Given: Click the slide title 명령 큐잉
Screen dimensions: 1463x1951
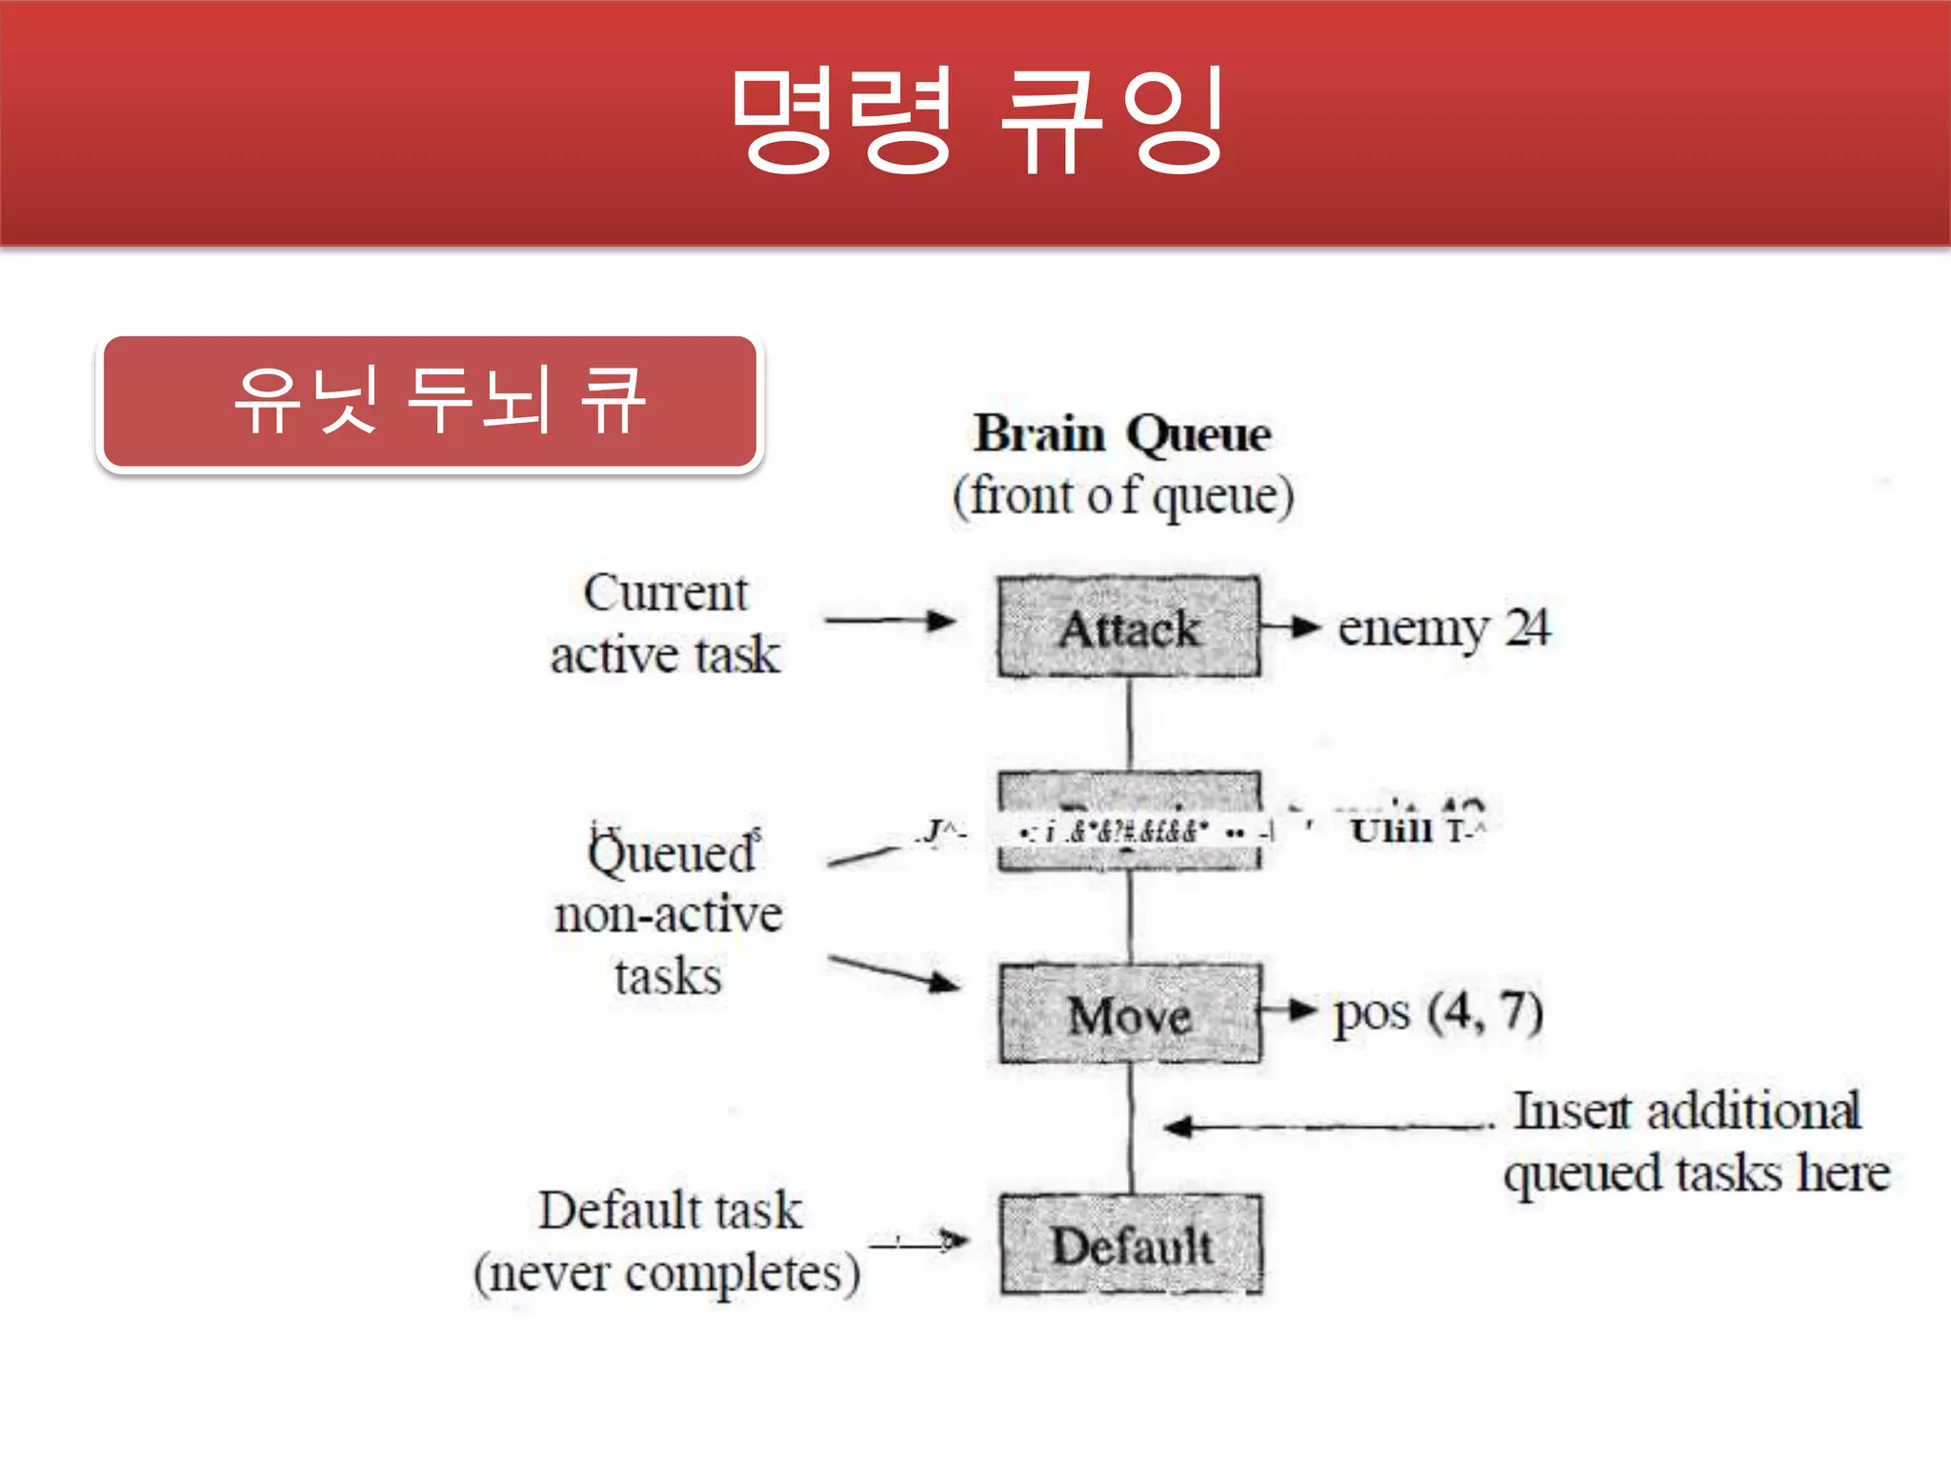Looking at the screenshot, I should pyautogui.click(x=977, y=122).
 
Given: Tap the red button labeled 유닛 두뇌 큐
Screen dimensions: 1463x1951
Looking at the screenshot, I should pyautogui.click(x=431, y=402).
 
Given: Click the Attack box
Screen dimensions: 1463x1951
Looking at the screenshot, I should pyautogui.click(x=1129, y=628).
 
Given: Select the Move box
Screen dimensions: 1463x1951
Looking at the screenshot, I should pyautogui.click(x=1130, y=1014).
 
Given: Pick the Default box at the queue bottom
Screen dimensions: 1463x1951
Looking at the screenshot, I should pyautogui.click(x=1131, y=1245).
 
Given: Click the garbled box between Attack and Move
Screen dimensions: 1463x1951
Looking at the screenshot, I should pyautogui.click(x=1130, y=821).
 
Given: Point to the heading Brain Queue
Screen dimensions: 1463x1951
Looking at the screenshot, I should pyautogui.click(x=1122, y=434).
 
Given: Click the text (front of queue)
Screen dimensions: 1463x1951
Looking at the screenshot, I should pyautogui.click(x=1123, y=496).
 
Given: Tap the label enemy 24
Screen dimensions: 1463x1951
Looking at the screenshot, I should pyautogui.click(x=1443, y=628).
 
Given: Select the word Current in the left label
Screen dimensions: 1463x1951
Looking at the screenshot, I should pyautogui.click(x=666, y=593).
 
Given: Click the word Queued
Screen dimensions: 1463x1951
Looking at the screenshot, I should pyautogui.click(x=672, y=852).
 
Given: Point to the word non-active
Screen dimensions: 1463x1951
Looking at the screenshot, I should pyautogui.click(x=668, y=914).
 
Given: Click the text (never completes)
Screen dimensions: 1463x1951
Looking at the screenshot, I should pyautogui.click(x=667, y=1273).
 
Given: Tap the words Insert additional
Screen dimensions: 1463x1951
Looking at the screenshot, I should pyautogui.click(x=1686, y=1111).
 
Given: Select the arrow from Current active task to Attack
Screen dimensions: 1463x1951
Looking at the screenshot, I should pyautogui.click(x=890, y=622).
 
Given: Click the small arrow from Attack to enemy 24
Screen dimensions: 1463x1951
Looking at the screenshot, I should pyautogui.click(x=1292, y=628).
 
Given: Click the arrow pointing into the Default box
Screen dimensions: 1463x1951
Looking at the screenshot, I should pyautogui.click(x=919, y=1241).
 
